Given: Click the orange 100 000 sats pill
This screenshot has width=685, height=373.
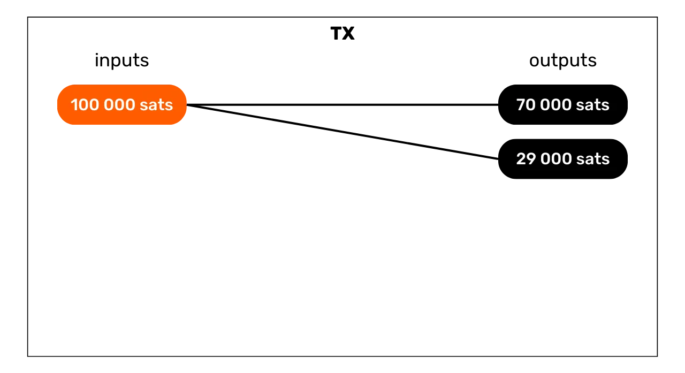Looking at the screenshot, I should point(122,105).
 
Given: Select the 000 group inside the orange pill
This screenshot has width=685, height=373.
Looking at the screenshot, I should point(119,105).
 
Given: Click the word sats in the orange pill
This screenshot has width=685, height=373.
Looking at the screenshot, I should point(156,105).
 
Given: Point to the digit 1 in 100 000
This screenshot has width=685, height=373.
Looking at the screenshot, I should point(74,105).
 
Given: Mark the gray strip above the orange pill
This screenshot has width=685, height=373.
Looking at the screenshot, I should point(122,83).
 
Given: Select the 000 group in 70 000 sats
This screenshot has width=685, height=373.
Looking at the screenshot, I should point(555,105).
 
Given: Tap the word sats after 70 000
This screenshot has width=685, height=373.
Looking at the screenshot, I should point(593,105).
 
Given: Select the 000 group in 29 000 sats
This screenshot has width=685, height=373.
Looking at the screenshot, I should point(555,159).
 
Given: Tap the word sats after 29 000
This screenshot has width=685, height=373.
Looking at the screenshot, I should point(593,159).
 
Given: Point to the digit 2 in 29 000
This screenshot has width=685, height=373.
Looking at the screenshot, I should point(521,159).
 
